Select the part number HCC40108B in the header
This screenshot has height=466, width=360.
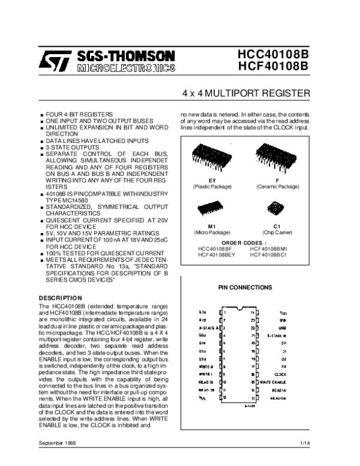(270, 53)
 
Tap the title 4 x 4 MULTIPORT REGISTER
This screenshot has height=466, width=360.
(246, 94)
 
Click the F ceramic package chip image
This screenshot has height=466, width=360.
(277, 157)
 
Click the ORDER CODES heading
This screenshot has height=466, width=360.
(244, 243)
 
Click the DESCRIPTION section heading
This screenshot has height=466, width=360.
(59, 298)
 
